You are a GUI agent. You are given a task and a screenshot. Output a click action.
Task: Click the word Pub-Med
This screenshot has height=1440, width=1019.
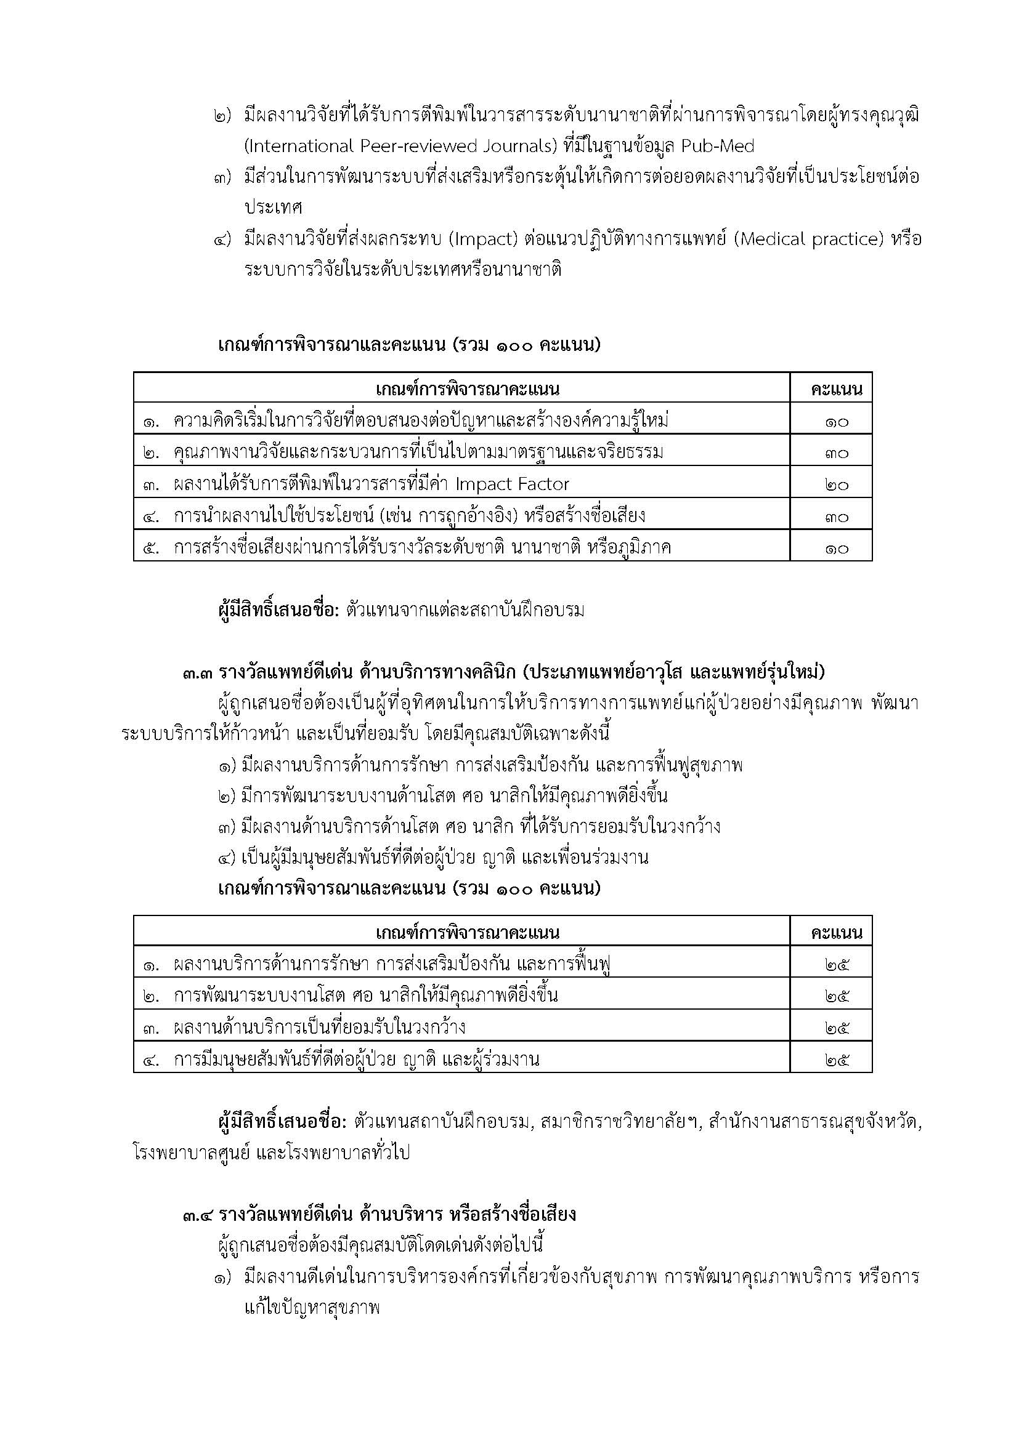point(717,147)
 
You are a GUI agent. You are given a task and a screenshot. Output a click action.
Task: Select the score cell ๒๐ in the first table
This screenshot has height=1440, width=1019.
point(837,485)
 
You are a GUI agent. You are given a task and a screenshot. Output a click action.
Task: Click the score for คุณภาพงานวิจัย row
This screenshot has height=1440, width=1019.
point(837,453)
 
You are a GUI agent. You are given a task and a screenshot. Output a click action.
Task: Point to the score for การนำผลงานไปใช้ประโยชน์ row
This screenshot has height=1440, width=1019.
point(837,517)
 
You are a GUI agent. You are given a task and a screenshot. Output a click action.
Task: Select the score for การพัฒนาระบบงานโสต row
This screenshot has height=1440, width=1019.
point(837,997)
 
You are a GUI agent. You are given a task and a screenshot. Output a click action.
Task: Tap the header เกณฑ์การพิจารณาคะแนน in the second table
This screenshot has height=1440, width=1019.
point(468,933)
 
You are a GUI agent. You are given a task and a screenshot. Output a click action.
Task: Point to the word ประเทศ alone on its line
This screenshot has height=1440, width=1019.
point(274,207)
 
